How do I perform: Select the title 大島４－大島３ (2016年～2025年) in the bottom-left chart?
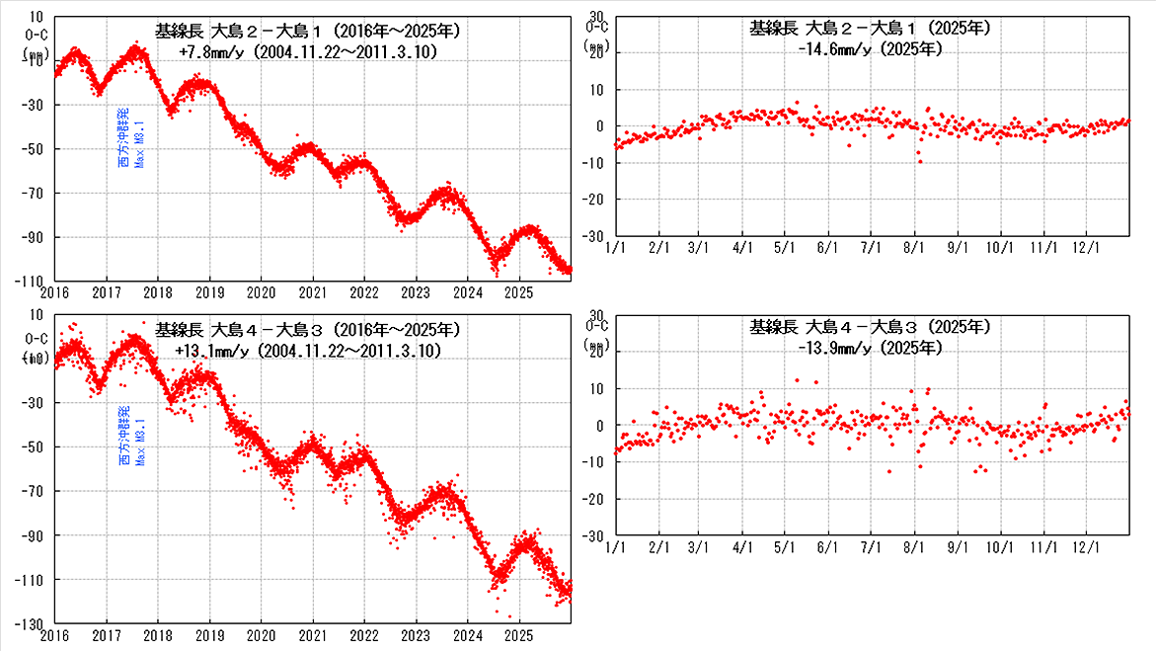(306, 329)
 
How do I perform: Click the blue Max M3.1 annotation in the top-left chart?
(140, 145)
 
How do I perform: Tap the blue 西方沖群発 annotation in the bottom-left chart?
(123, 436)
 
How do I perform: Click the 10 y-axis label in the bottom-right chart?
(596, 388)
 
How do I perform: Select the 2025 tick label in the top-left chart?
(519, 292)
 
